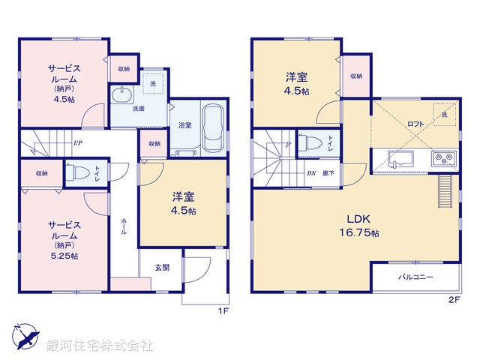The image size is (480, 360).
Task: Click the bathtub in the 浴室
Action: click(212, 129)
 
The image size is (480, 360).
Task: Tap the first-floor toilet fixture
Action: click(75, 172)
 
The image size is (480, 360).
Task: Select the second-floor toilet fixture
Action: click(309, 142)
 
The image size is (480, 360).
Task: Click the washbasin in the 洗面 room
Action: click(121, 95)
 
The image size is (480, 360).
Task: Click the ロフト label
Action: click(415, 123)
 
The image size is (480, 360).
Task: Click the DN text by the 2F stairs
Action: click(311, 173)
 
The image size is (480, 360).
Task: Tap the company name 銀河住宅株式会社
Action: click(100, 346)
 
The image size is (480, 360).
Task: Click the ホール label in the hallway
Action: click(123, 226)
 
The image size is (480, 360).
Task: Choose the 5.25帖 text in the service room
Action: click(64, 256)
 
